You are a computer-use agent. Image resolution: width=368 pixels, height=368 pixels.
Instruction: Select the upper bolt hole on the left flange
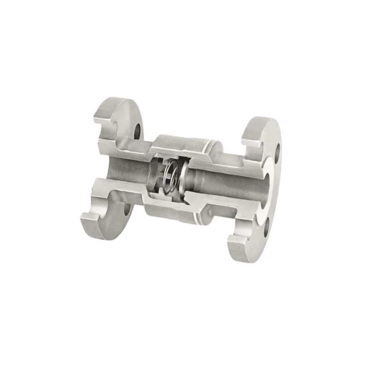tap(137, 132)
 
